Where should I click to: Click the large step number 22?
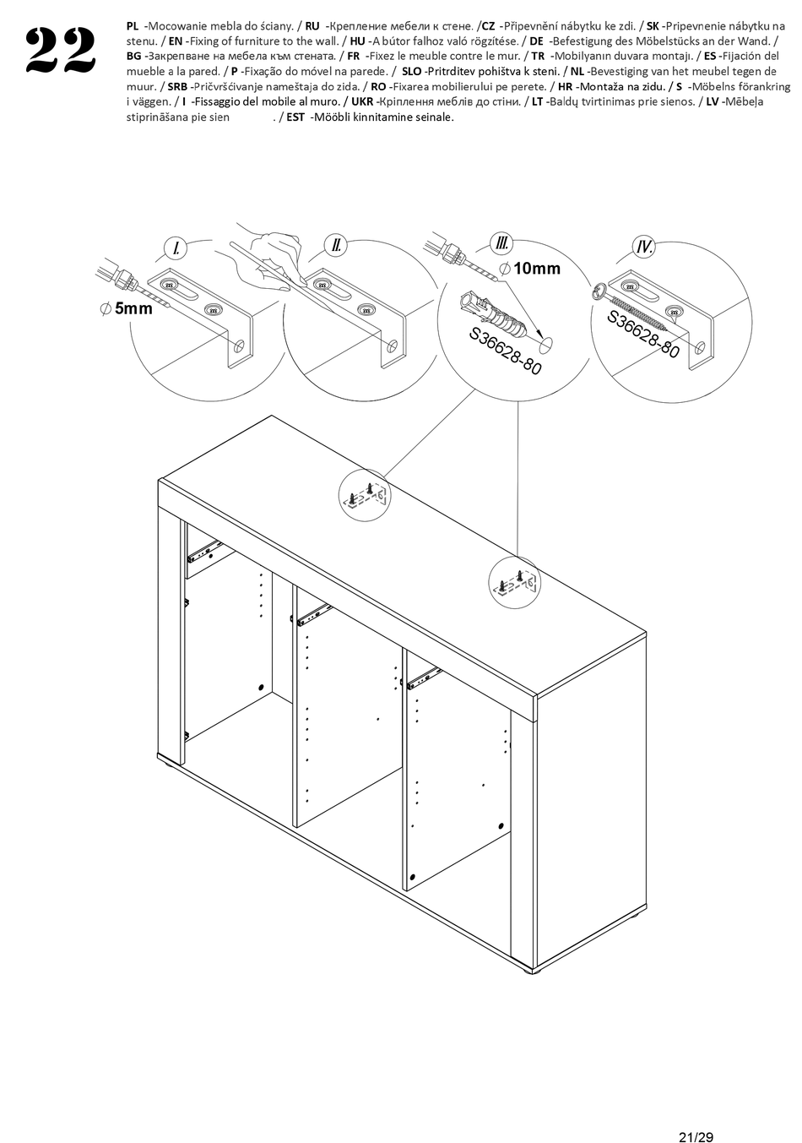(60, 52)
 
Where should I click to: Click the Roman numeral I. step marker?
(175, 248)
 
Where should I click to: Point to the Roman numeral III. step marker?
(503, 244)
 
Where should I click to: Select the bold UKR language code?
(362, 101)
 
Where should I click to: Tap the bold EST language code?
(295, 117)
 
